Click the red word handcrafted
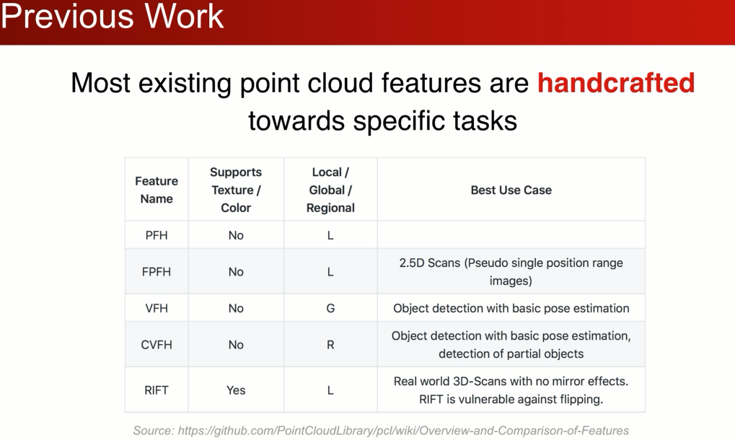point(616,83)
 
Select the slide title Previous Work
point(113,17)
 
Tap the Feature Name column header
point(157,190)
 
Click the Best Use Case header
point(511,190)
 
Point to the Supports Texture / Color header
point(236,190)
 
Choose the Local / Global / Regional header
point(330,190)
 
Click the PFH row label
point(157,235)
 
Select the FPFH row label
point(157,272)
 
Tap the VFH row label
point(157,308)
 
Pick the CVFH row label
point(157,345)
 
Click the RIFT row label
point(157,390)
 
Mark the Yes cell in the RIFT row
point(236,390)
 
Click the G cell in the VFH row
point(330,308)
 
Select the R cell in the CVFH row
point(330,345)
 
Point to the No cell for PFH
point(236,235)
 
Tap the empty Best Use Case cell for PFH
point(511,234)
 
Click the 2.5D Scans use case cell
point(511,272)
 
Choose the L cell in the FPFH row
point(330,272)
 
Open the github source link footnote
point(381,431)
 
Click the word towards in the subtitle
point(297,121)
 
